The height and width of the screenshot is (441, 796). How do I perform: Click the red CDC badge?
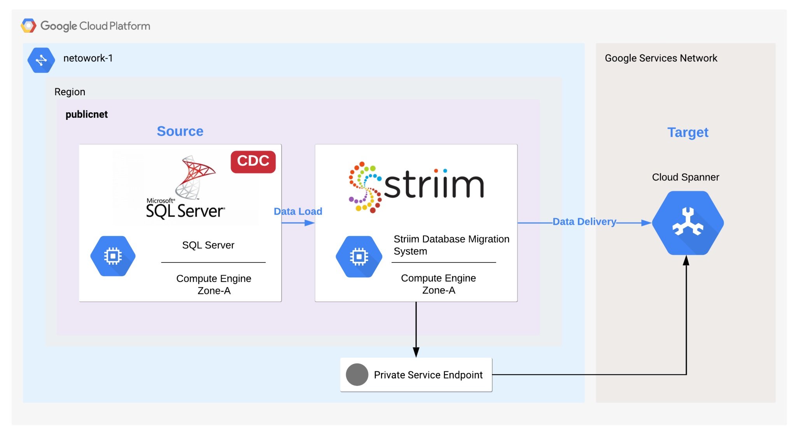(x=253, y=161)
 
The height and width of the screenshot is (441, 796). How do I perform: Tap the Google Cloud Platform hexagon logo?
(x=28, y=26)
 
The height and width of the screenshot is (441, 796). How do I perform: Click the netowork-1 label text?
(x=88, y=58)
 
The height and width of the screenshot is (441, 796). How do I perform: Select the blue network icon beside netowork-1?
(x=41, y=60)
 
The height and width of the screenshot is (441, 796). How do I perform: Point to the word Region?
(x=70, y=92)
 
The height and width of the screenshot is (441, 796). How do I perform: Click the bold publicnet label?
(x=86, y=114)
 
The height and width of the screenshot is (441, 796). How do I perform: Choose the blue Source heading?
(x=180, y=131)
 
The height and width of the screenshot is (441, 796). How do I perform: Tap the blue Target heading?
(x=688, y=132)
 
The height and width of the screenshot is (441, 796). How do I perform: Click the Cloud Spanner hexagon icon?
(x=688, y=223)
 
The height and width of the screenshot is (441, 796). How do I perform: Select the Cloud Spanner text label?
(x=685, y=177)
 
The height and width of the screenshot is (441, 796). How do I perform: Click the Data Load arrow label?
(x=298, y=212)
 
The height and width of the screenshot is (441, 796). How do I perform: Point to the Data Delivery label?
(x=584, y=222)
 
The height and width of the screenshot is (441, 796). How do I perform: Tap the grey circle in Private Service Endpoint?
(x=357, y=374)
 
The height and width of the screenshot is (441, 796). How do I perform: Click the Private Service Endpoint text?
(x=428, y=375)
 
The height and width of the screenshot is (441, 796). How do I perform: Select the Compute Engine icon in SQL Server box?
(x=113, y=256)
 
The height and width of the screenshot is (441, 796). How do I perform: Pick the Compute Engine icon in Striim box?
(x=359, y=256)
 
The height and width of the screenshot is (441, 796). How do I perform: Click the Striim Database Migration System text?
(x=451, y=245)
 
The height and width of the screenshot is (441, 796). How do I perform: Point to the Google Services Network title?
(x=661, y=58)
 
